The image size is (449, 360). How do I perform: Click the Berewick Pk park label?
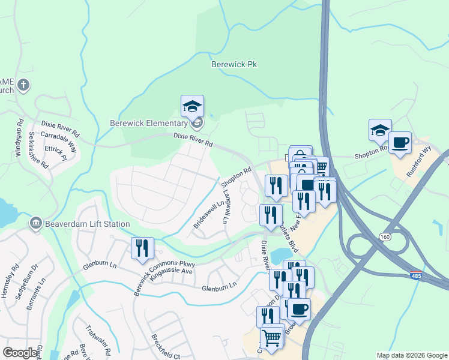(x=234, y=64)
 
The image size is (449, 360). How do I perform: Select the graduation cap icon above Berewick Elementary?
(x=192, y=106)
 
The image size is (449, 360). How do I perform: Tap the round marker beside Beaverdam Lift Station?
(x=35, y=223)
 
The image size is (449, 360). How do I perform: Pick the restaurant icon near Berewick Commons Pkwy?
(x=142, y=247)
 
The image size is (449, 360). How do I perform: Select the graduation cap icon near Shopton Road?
(x=380, y=130)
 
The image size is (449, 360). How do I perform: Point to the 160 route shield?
(x=385, y=238)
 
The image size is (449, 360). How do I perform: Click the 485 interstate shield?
(x=415, y=275)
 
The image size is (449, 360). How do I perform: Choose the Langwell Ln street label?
(x=227, y=207)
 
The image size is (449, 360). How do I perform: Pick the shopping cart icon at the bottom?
(x=272, y=338)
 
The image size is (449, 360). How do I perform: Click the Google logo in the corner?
(x=20, y=353)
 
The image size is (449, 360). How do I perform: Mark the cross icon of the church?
(x=23, y=85)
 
